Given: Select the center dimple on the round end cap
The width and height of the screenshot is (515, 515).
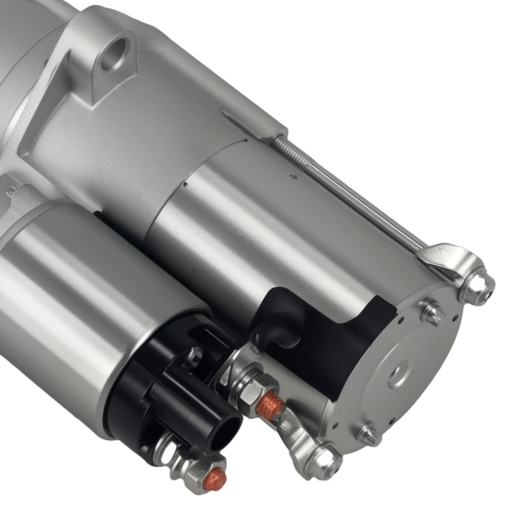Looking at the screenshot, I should click(398, 374).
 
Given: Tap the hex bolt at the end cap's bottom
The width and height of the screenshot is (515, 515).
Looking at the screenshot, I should click(325, 460).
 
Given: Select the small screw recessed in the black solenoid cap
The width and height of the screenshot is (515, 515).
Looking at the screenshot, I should click(193, 355).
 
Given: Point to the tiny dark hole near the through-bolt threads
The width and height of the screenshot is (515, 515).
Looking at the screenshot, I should click(294, 177).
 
